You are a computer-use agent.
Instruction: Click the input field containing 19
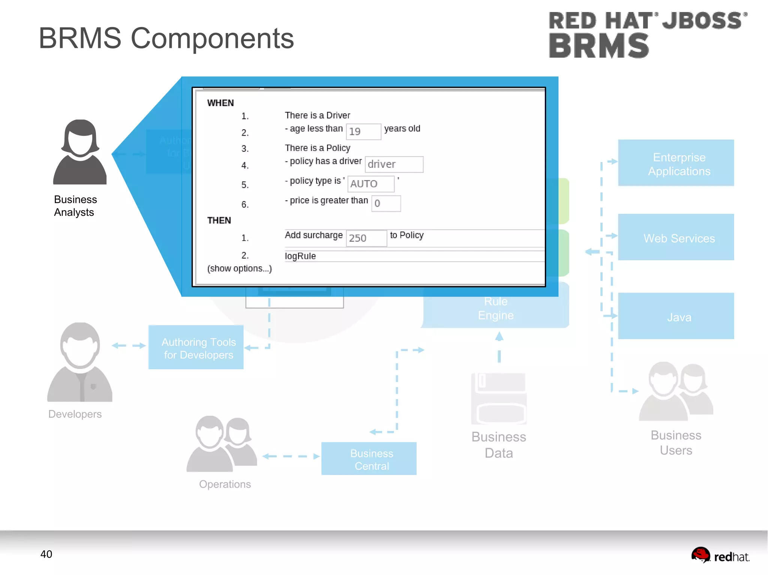pos(363,131)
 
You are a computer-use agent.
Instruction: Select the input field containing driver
pos(394,164)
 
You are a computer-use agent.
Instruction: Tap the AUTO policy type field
pos(370,184)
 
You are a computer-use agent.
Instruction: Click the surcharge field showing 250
pos(366,238)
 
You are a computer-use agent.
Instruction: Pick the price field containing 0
pos(385,203)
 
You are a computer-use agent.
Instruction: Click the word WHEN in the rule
pos(220,103)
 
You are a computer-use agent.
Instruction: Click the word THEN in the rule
pos(219,220)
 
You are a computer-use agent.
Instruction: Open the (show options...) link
pos(239,269)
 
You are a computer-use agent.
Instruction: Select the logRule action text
pos(300,256)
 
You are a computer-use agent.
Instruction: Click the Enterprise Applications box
pos(675,163)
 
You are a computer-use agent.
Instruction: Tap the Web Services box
pos(675,237)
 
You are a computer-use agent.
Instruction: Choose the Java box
pos(675,317)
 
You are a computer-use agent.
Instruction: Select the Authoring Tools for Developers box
pos(196,348)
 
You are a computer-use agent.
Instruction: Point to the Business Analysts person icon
pos(80,152)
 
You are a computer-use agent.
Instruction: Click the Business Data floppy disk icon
pos(499,398)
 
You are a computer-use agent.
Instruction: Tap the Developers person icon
pos(80,362)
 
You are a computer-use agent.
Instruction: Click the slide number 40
pos(46,554)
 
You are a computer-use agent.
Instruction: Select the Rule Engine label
pos(495,308)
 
